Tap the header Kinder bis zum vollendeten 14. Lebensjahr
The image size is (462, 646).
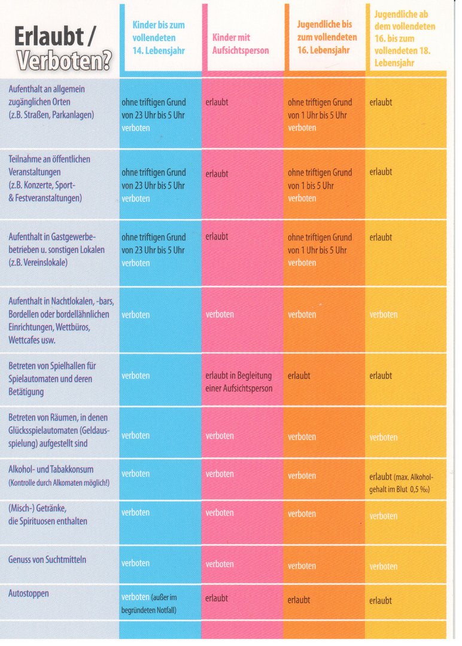159,38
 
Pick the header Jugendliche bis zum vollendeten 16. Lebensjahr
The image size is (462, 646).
327,38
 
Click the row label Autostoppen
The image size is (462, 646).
29,593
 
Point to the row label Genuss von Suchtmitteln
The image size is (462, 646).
47,560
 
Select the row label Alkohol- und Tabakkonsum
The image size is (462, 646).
51,470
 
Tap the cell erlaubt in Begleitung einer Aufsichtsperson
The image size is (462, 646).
238,382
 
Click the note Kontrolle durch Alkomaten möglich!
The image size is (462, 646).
57,483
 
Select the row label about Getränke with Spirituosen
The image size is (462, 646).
48,514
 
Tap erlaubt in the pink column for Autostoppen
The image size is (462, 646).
217,598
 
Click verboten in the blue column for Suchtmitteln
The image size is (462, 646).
135,563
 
